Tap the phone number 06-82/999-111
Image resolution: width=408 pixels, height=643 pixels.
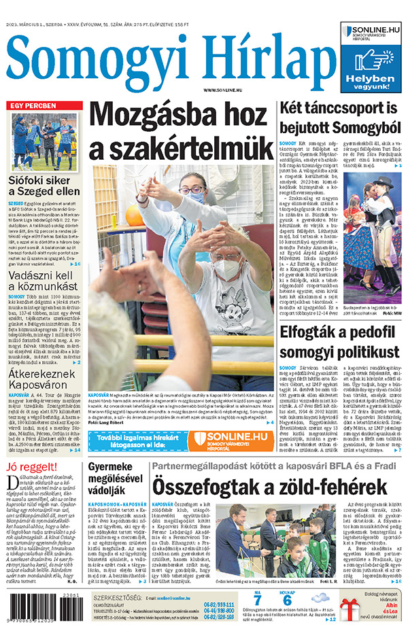[218, 604]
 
